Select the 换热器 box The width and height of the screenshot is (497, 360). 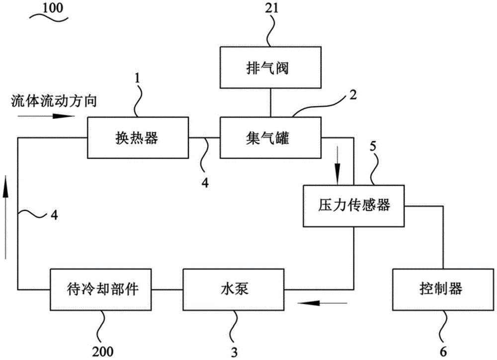tap(138, 138)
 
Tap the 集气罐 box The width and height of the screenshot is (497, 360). tap(270, 138)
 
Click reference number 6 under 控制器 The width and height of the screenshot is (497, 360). tap(443, 352)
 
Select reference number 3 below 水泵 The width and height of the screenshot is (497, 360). tap(233, 352)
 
